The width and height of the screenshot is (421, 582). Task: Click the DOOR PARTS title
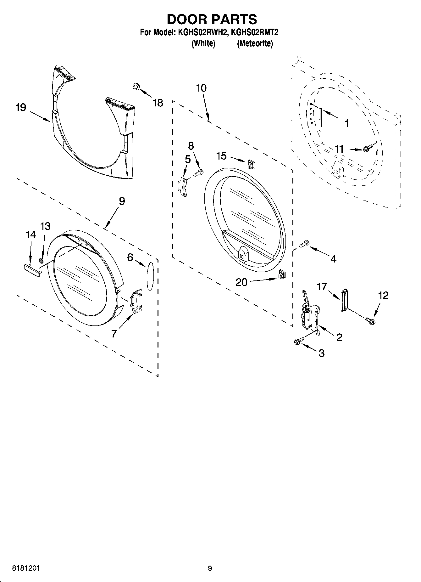pos(212,20)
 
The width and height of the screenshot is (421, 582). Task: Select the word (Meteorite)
pos(255,43)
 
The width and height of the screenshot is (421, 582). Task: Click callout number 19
pos(21,108)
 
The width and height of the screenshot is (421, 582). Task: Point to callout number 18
pos(158,103)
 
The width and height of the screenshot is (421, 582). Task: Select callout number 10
pos(201,88)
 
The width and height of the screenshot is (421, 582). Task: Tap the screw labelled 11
pos(368,148)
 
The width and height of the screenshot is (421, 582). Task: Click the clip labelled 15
pos(251,164)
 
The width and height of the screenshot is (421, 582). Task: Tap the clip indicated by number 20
pos(281,274)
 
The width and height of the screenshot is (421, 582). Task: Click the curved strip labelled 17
pos(344,299)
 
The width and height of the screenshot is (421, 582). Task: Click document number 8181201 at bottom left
pos(26,568)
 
